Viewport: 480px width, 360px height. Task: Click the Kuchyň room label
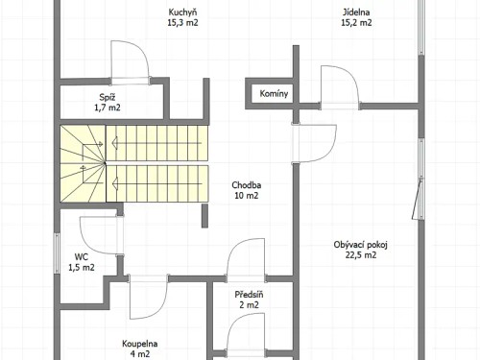point(182,12)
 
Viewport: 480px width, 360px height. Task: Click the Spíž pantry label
point(108,97)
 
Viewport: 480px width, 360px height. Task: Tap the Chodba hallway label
point(247,184)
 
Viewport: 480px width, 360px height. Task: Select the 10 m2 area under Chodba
point(247,195)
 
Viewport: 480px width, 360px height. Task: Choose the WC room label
point(82,256)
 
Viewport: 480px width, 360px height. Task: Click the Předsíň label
point(250,294)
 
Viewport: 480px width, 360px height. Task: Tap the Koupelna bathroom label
point(140,343)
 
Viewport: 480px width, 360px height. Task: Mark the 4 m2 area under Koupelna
point(140,353)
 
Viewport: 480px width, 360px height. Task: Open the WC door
point(101,235)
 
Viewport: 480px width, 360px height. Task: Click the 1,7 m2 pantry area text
point(108,108)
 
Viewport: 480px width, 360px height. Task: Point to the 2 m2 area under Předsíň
point(250,304)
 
